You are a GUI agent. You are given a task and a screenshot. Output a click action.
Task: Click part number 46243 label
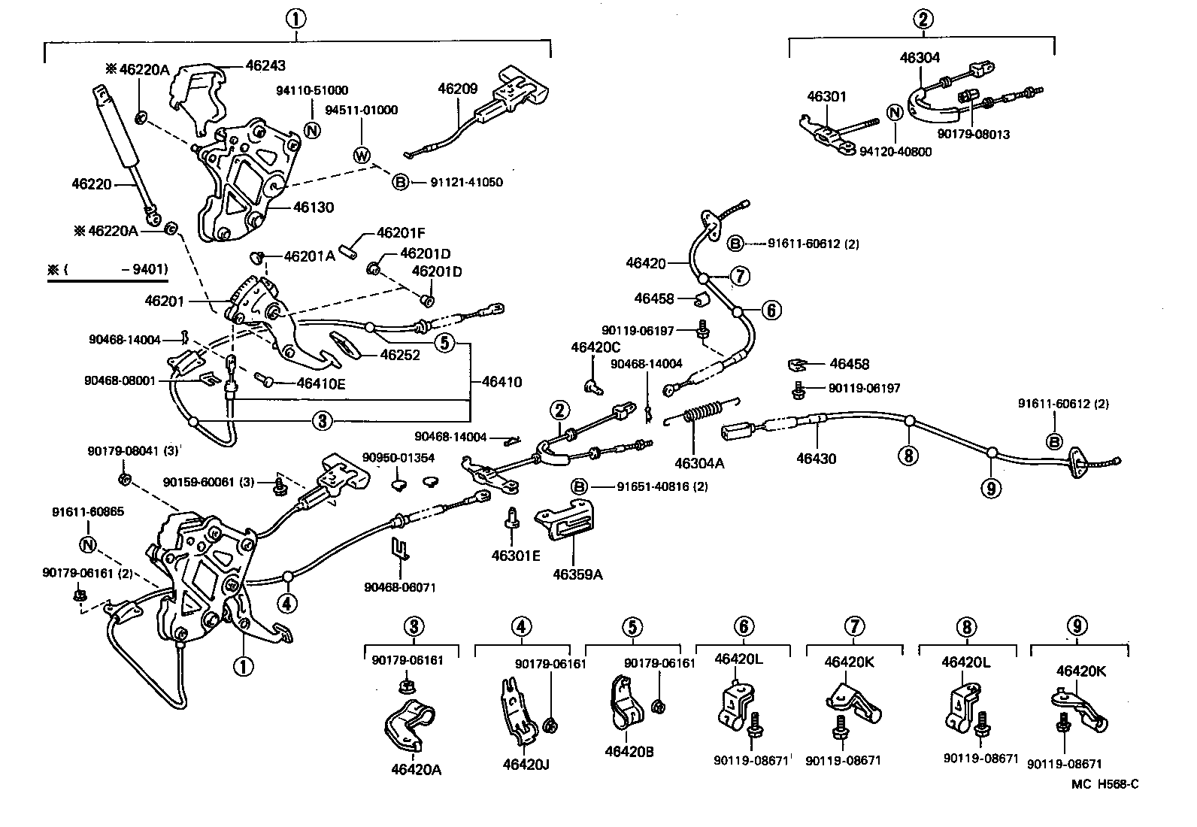(x=265, y=65)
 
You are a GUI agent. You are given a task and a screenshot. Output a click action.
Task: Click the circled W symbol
(x=362, y=156)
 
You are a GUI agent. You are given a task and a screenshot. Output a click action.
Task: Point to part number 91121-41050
(x=466, y=182)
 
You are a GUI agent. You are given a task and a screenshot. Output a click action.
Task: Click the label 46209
(x=457, y=88)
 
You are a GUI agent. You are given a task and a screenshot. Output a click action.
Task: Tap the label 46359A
(x=577, y=574)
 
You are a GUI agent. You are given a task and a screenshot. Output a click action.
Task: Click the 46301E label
(x=516, y=556)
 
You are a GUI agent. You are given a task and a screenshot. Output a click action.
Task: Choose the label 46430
(x=816, y=458)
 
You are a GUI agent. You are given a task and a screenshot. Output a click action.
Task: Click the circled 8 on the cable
(x=908, y=455)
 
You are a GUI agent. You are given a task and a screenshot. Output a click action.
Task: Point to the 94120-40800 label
(x=895, y=151)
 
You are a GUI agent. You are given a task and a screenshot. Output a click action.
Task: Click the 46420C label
(x=595, y=347)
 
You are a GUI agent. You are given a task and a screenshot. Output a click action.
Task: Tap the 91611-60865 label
(x=88, y=512)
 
